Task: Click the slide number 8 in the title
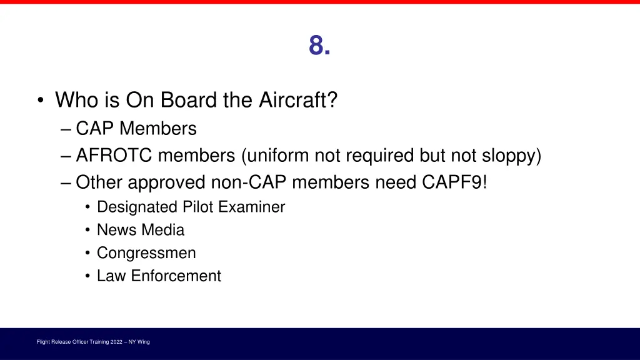pos(319,46)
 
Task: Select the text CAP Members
pos(136,129)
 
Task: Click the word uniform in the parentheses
pos(276,156)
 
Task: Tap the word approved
pos(173,182)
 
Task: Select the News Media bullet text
pos(141,230)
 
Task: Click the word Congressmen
pos(146,253)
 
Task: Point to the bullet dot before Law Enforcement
pos(88,276)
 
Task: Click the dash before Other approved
pos(67,183)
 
